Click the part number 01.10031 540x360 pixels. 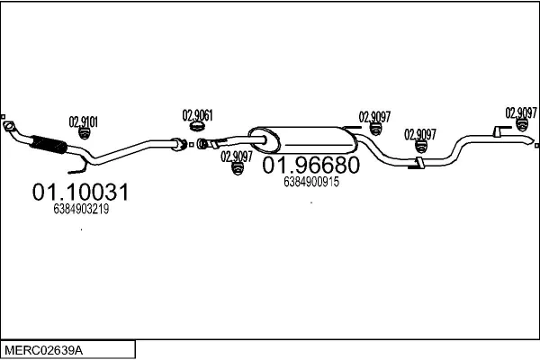click(80, 192)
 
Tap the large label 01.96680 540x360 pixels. click(310, 166)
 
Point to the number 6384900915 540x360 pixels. click(310, 181)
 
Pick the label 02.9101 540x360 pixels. click(84, 120)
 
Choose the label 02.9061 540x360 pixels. click(198, 115)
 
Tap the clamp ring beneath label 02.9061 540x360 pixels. click(202, 130)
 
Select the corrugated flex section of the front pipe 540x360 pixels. click(49, 144)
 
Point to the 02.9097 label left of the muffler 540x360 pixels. click(236, 155)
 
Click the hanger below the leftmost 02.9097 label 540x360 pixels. click(238, 168)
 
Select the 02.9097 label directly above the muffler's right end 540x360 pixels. click(375, 116)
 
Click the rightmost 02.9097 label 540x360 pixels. click(521, 112)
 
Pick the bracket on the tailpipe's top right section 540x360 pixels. click(498, 133)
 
